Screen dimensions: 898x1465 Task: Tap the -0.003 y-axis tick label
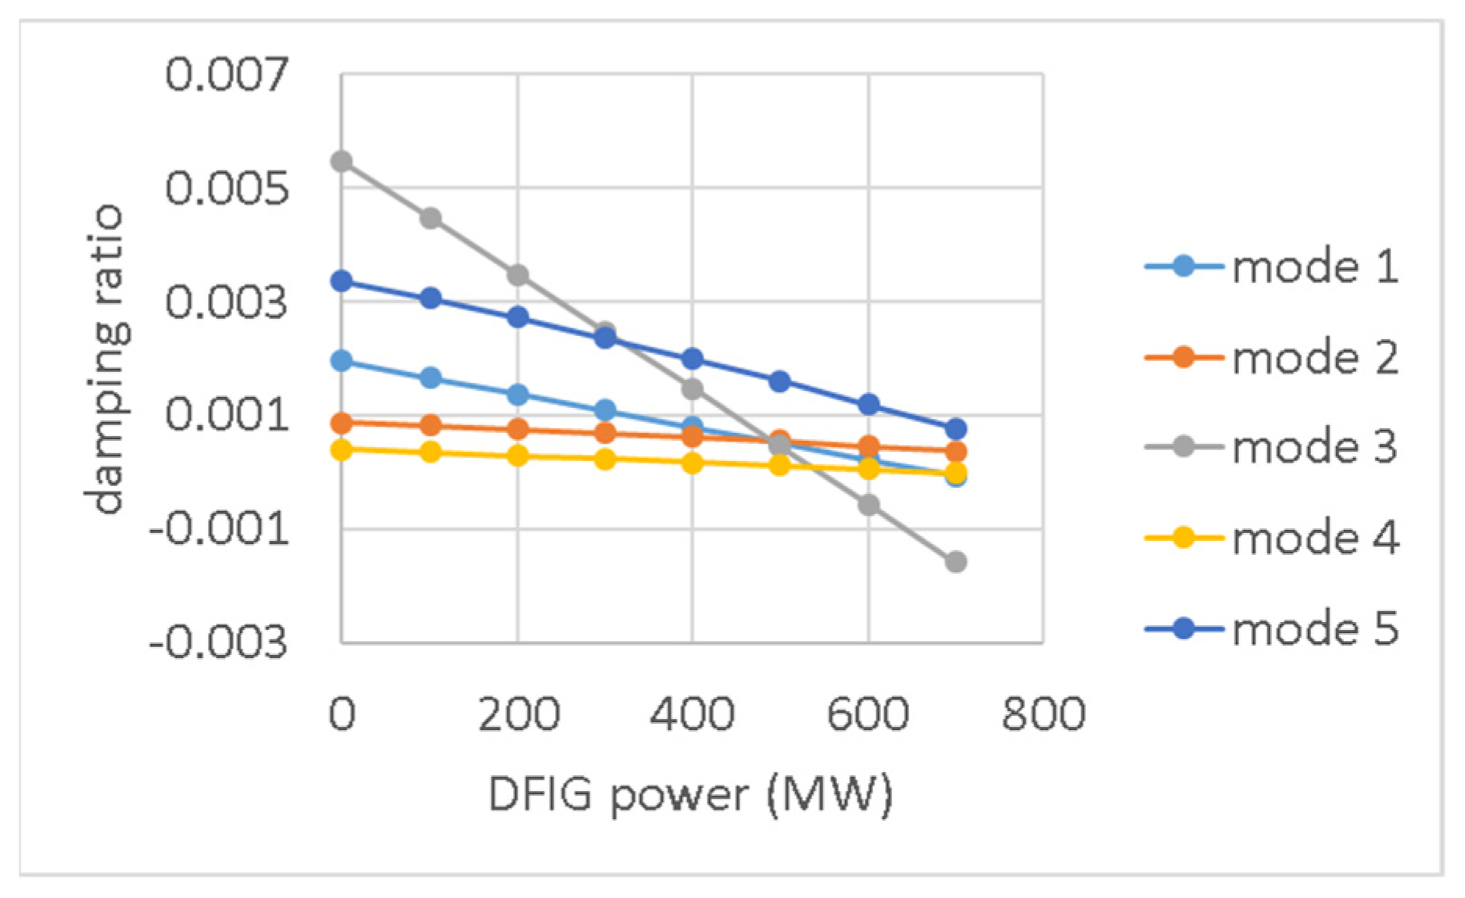(x=218, y=643)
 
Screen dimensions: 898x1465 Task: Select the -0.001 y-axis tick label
(x=218, y=530)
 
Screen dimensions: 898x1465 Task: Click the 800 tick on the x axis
(x=1044, y=714)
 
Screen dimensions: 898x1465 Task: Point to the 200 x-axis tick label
(x=518, y=714)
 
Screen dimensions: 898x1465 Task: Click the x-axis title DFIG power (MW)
(x=690, y=795)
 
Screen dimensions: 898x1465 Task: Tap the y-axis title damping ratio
(x=106, y=359)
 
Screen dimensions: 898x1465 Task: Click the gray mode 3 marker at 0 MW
(x=342, y=162)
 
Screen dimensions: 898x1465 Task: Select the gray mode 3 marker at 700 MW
(x=955, y=562)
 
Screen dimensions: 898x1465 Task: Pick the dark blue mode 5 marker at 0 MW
(x=342, y=281)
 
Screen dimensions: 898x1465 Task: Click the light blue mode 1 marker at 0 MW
(x=342, y=361)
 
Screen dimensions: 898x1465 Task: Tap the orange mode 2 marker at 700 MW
(x=955, y=452)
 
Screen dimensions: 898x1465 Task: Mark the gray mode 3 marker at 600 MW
(x=869, y=505)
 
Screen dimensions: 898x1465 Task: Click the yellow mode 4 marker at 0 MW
(x=342, y=449)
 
